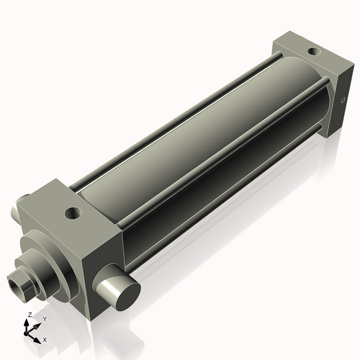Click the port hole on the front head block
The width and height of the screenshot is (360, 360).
tap(72, 213)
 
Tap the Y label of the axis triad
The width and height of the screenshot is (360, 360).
tap(44, 318)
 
